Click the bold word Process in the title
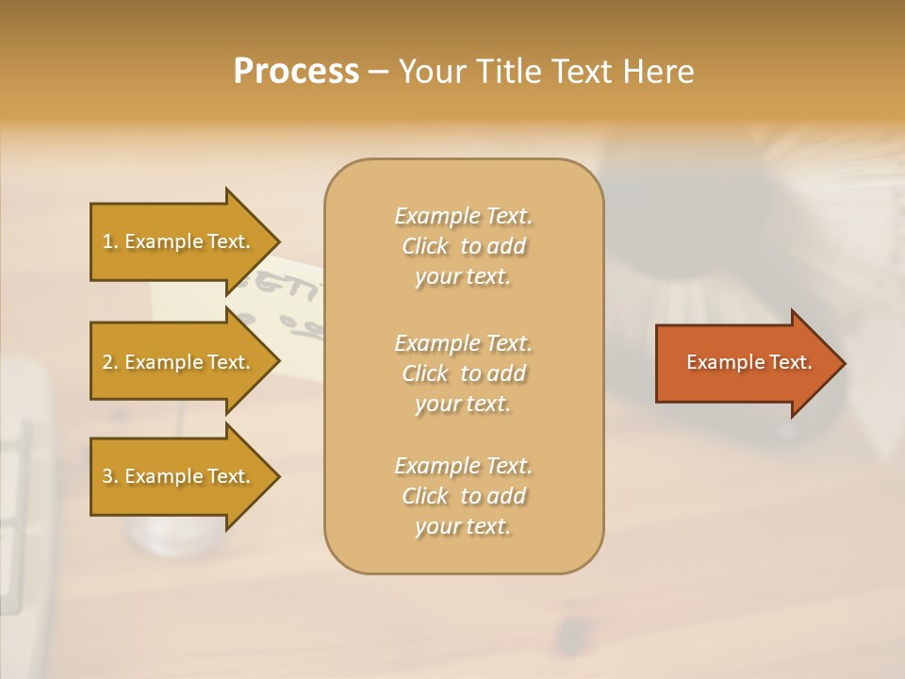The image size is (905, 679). pos(296,72)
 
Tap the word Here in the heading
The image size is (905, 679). pos(658,72)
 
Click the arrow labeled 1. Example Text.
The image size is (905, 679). pos(179,241)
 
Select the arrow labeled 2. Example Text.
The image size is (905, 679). pos(179,362)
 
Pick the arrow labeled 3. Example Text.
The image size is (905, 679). pos(179,476)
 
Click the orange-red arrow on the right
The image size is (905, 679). pos(745,363)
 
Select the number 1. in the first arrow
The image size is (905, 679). pos(110,241)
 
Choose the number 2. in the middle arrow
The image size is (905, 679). pos(110,362)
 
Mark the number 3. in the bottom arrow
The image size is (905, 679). pos(110,476)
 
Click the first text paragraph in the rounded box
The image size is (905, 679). pos(463,246)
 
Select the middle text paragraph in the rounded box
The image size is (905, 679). pos(463,373)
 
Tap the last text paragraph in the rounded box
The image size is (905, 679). pos(463,496)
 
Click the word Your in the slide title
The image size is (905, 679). pos(430,72)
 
